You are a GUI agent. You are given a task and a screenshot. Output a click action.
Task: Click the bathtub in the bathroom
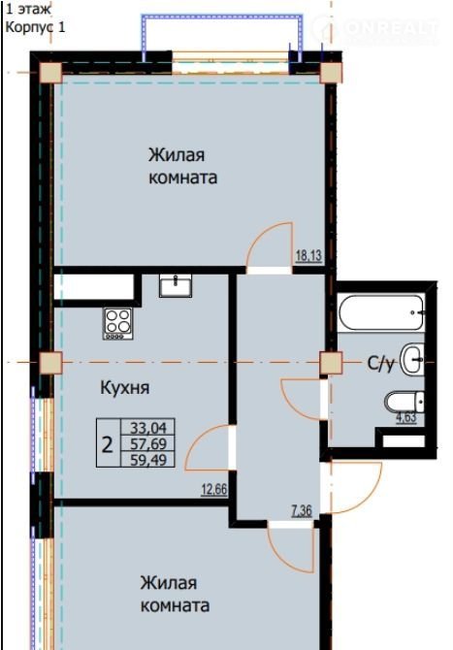click(381, 312)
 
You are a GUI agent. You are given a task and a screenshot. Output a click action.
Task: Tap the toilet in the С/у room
click(404, 402)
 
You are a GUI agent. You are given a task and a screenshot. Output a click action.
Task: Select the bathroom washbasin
click(412, 359)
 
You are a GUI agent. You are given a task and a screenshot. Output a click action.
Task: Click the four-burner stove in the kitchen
click(118, 323)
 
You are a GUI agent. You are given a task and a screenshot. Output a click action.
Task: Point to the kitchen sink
click(176, 285)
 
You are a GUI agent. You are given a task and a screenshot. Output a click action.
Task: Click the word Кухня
click(125, 388)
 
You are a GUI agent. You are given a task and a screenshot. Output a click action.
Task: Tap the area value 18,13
click(308, 256)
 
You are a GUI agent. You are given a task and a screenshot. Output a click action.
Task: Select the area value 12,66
click(214, 490)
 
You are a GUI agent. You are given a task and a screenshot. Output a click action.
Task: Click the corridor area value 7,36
click(302, 510)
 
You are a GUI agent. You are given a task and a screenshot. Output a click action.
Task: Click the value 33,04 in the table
click(148, 427)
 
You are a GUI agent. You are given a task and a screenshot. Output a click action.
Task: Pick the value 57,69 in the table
click(148, 443)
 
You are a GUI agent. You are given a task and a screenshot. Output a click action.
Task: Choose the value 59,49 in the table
click(148, 460)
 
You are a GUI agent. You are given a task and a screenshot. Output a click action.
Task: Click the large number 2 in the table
click(108, 445)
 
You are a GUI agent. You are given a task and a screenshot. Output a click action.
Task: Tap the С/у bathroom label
click(381, 365)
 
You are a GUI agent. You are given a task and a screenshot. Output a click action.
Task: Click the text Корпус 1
click(35, 27)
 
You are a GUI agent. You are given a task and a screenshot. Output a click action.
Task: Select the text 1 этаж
click(28, 9)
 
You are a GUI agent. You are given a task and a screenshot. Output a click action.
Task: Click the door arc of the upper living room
click(260, 237)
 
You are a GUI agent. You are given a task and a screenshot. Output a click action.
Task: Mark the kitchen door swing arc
click(199, 439)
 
